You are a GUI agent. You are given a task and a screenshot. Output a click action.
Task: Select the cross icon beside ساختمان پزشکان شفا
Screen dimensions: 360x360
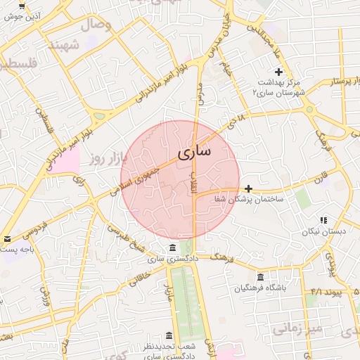(249, 188)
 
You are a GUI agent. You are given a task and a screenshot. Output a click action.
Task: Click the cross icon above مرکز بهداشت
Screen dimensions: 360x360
(279, 72)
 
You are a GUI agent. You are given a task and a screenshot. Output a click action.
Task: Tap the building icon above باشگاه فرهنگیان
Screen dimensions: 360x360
(261, 277)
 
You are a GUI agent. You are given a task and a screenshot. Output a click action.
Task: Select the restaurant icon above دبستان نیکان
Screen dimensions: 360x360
(323, 220)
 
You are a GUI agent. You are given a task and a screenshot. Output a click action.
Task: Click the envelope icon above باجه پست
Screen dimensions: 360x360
(6, 239)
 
